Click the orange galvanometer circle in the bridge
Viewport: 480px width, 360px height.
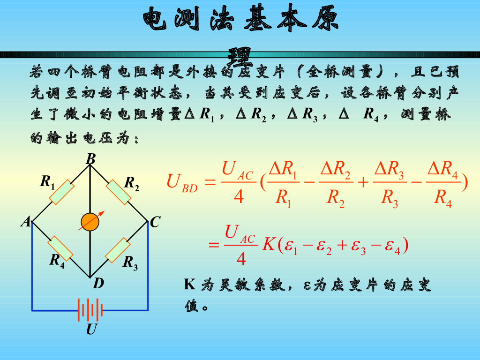click(90, 222)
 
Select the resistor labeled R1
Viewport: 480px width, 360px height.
click(61, 192)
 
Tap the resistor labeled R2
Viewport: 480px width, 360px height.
click(118, 192)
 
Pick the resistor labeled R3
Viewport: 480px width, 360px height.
click(118, 250)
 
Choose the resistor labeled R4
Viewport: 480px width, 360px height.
click(61, 248)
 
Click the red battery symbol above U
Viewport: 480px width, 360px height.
click(90, 310)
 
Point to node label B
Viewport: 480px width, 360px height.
click(90, 160)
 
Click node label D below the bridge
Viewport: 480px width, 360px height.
click(98, 284)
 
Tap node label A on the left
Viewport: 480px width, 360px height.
click(25, 222)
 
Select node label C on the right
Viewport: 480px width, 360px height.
click(155, 222)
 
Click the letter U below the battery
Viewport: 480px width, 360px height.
click(91, 330)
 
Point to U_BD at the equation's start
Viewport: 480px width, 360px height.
click(182, 181)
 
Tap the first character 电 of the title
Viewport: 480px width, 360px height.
click(156, 20)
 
